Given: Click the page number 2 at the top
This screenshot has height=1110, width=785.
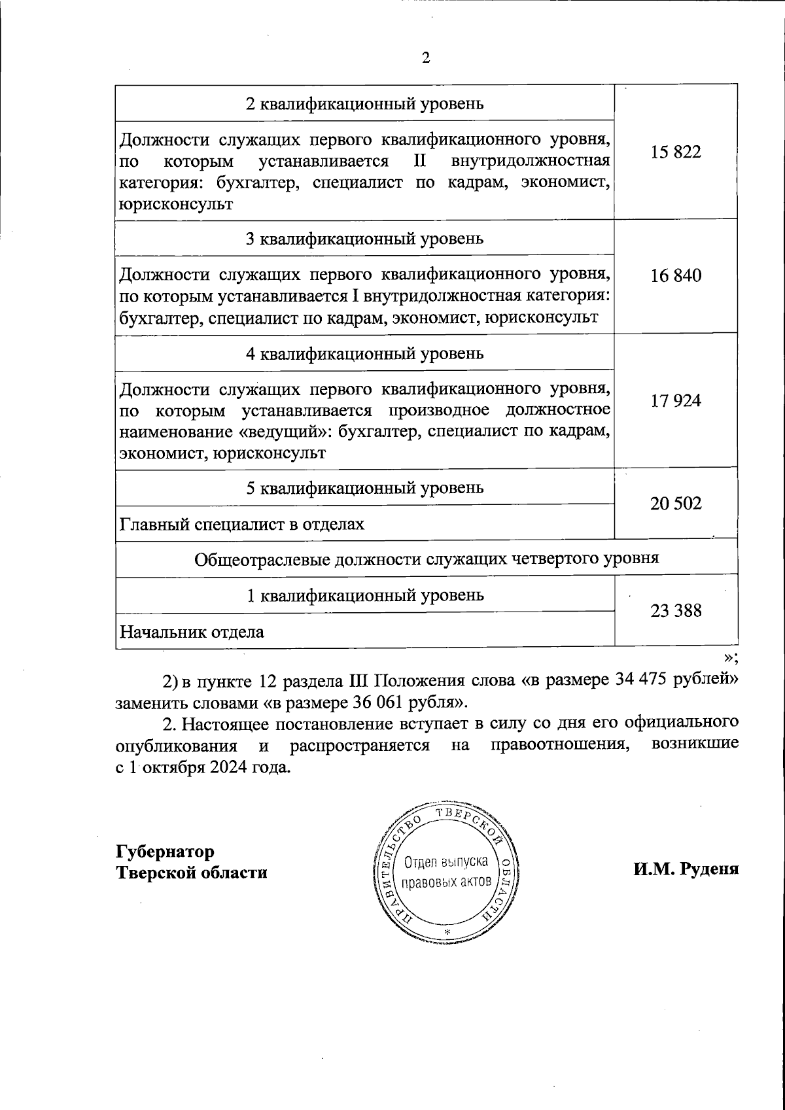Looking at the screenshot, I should (x=426, y=58).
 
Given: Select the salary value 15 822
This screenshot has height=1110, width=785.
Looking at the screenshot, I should (x=676, y=152).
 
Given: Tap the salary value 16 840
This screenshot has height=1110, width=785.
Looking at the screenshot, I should (x=676, y=275).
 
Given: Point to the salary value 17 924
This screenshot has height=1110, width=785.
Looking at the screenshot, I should (x=676, y=400).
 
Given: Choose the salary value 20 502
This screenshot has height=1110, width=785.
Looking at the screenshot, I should (x=676, y=504).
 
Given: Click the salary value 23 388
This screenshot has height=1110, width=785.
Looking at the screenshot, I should (x=676, y=611).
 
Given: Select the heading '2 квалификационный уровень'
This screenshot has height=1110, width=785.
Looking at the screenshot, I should (x=364, y=103).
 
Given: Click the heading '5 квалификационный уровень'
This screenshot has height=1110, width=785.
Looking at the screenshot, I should (x=364, y=488).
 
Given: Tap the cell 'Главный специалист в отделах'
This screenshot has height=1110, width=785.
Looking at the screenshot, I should (x=241, y=524).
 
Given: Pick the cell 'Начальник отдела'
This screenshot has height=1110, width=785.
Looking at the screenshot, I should (x=192, y=632).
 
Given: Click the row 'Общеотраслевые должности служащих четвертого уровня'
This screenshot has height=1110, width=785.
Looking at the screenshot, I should (x=427, y=559).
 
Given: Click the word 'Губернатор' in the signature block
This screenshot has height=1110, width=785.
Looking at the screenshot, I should (x=166, y=852).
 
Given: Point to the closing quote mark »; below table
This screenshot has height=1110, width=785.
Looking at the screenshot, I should (x=731, y=658).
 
